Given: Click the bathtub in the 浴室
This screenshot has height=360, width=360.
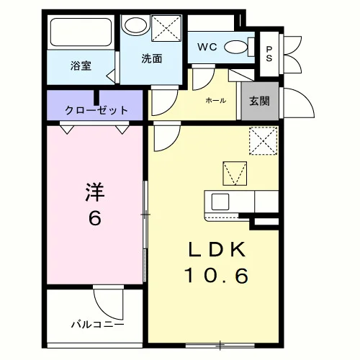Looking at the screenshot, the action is click(x=81, y=32).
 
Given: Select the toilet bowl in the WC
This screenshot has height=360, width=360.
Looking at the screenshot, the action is click(x=235, y=47).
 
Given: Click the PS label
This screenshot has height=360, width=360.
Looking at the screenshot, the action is click(x=269, y=54).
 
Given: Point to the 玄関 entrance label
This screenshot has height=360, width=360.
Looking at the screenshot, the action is click(x=259, y=101).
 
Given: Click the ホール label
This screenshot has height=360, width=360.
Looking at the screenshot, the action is click(x=216, y=100).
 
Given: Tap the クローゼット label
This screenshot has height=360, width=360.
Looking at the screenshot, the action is click(x=96, y=110).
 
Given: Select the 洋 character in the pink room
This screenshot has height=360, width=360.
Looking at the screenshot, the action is click(x=95, y=192).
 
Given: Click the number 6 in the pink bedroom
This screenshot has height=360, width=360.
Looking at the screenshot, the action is click(x=95, y=218).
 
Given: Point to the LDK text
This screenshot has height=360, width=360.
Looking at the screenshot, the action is click(x=217, y=250).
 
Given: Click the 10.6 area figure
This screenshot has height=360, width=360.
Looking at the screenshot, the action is click(x=216, y=276).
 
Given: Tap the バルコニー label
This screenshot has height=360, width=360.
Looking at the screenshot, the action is click(x=98, y=325).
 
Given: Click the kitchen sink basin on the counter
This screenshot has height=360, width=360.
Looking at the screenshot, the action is click(x=220, y=202).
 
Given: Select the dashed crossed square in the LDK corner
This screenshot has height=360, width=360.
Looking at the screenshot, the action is click(x=264, y=141).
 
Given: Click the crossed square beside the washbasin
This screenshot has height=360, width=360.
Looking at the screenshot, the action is click(x=166, y=28).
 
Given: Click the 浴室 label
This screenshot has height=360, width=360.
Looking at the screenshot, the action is click(x=81, y=66).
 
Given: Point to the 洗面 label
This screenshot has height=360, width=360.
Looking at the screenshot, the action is click(x=152, y=58).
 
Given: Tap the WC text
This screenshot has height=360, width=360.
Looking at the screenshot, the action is click(x=207, y=47).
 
